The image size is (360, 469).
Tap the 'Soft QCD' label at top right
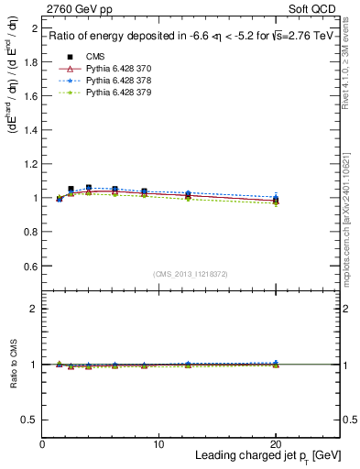[315, 8]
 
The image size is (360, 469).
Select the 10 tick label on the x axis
[158, 444]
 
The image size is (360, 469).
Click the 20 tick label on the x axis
[276, 444]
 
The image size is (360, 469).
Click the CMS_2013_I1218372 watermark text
[191, 274]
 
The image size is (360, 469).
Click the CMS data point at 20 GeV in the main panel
[276, 200]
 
